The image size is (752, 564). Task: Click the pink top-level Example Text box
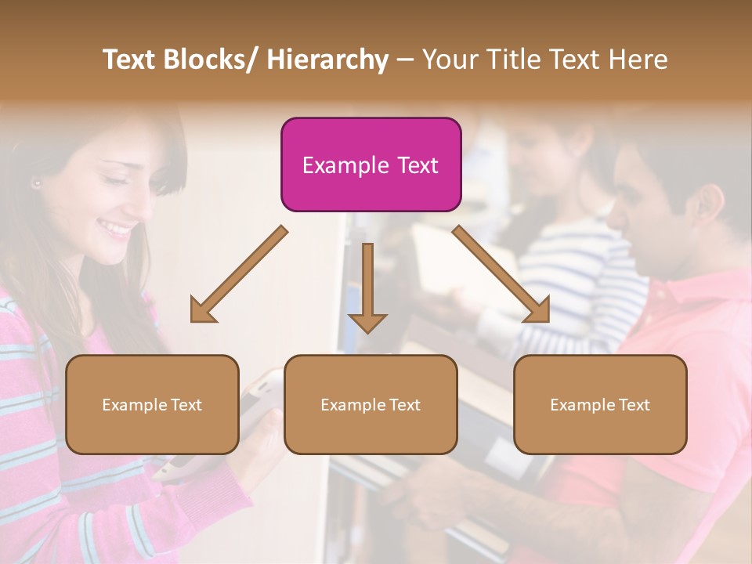pyautogui.click(x=371, y=164)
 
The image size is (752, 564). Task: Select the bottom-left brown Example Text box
pyautogui.click(x=152, y=404)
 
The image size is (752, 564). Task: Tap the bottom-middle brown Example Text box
pyautogui.click(x=371, y=404)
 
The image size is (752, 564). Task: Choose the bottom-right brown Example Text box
pyautogui.click(x=600, y=404)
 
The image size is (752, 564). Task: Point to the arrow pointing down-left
pyautogui.click(x=238, y=274)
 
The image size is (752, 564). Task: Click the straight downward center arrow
pyautogui.click(x=367, y=287)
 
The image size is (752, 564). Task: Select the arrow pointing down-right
pyautogui.click(x=501, y=274)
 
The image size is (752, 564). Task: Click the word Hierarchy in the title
pyautogui.click(x=327, y=60)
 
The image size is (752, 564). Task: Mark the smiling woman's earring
pyautogui.click(x=36, y=183)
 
